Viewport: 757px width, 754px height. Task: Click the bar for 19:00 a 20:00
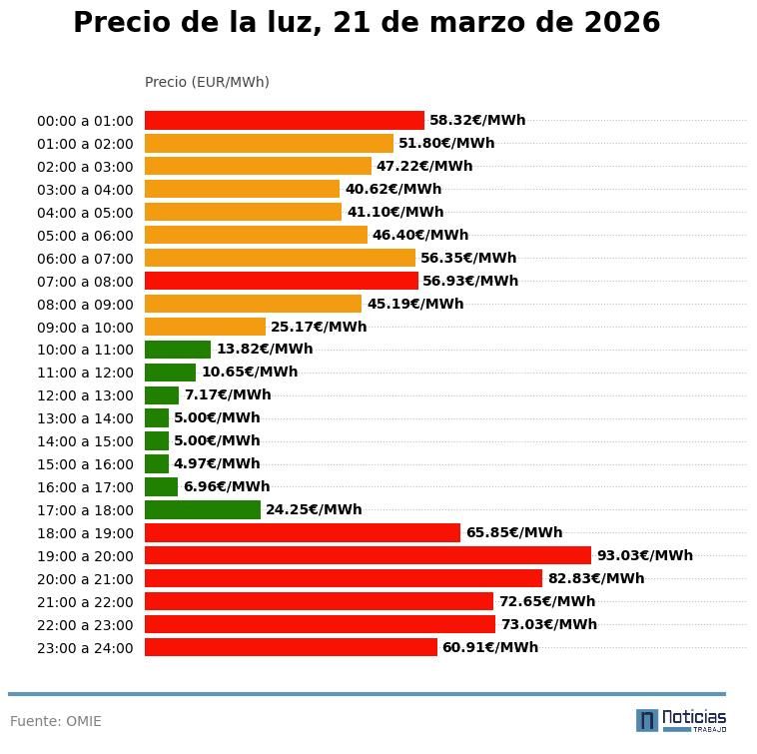368,555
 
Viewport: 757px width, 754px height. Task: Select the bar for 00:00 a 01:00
285,120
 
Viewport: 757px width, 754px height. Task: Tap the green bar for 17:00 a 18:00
203,509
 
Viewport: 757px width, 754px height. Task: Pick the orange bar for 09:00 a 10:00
205,327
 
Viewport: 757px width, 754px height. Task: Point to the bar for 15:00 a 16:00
157,463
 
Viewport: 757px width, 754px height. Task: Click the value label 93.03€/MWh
644,555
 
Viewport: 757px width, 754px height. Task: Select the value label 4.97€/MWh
217,463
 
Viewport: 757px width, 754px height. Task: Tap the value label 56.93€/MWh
470,281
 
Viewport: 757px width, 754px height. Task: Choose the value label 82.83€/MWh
596,578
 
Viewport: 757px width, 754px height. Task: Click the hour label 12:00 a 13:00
85,395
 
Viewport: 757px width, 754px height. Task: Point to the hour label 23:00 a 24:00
85,648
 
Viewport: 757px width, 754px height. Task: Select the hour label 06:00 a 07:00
85,259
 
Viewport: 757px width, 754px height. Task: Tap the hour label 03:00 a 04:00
85,190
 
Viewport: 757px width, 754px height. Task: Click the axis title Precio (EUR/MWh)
207,82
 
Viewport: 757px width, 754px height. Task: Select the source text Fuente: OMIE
56,721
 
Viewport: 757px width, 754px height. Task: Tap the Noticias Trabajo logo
681,719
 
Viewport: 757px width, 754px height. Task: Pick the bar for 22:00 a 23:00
320,624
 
